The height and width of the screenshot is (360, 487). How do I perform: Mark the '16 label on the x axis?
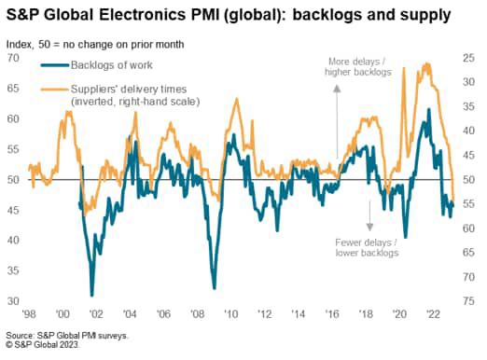332,314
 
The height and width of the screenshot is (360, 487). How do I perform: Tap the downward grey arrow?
370,214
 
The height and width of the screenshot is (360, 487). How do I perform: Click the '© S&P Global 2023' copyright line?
44,345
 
